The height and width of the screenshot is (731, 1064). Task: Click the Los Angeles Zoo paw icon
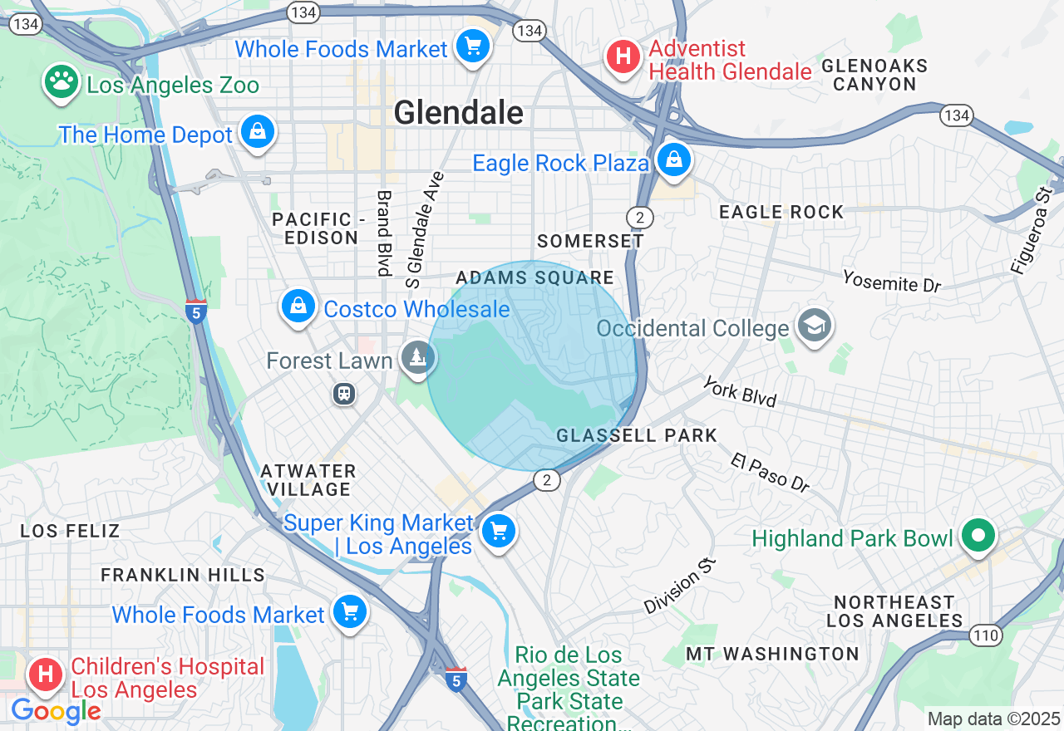tap(62, 82)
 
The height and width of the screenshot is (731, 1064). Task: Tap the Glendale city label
tap(459, 113)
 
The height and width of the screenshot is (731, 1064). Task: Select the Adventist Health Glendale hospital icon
tap(623, 57)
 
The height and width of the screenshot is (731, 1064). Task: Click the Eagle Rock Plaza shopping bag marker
tap(672, 159)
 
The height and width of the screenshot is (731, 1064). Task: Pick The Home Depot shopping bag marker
tap(257, 131)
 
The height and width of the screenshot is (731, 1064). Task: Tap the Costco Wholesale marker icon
tap(298, 307)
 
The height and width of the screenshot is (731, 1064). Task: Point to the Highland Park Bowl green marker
tap(979, 536)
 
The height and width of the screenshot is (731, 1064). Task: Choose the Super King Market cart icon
tap(499, 531)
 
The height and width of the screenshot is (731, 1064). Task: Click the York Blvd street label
tap(739, 392)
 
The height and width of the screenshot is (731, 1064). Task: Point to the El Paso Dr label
tap(770, 473)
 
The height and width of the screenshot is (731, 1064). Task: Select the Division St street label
tap(680, 586)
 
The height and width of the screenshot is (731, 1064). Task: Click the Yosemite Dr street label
tap(891, 281)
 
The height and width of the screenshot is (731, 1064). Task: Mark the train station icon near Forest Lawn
tap(344, 394)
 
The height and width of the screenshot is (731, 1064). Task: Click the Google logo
tap(56, 712)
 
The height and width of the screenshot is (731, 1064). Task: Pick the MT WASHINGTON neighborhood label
tap(772, 654)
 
